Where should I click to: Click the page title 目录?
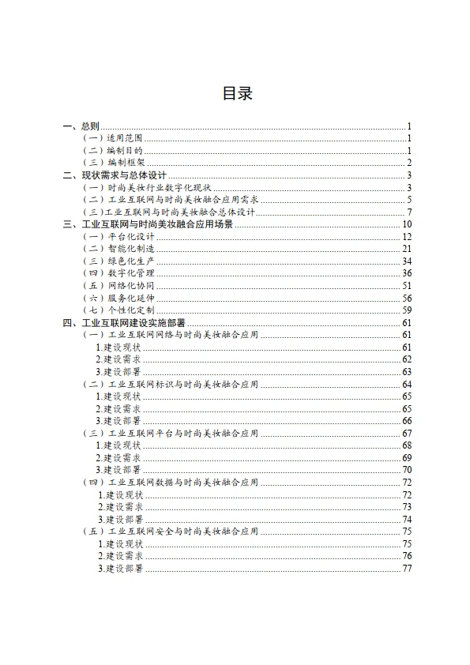coord(236,94)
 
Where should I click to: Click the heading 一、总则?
coord(81,126)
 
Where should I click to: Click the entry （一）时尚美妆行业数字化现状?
coord(147,187)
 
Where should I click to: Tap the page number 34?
coord(407,261)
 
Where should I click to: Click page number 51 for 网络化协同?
coord(407,285)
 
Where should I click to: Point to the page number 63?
coord(407,371)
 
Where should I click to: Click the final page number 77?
coord(407,568)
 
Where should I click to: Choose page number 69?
coord(407,457)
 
